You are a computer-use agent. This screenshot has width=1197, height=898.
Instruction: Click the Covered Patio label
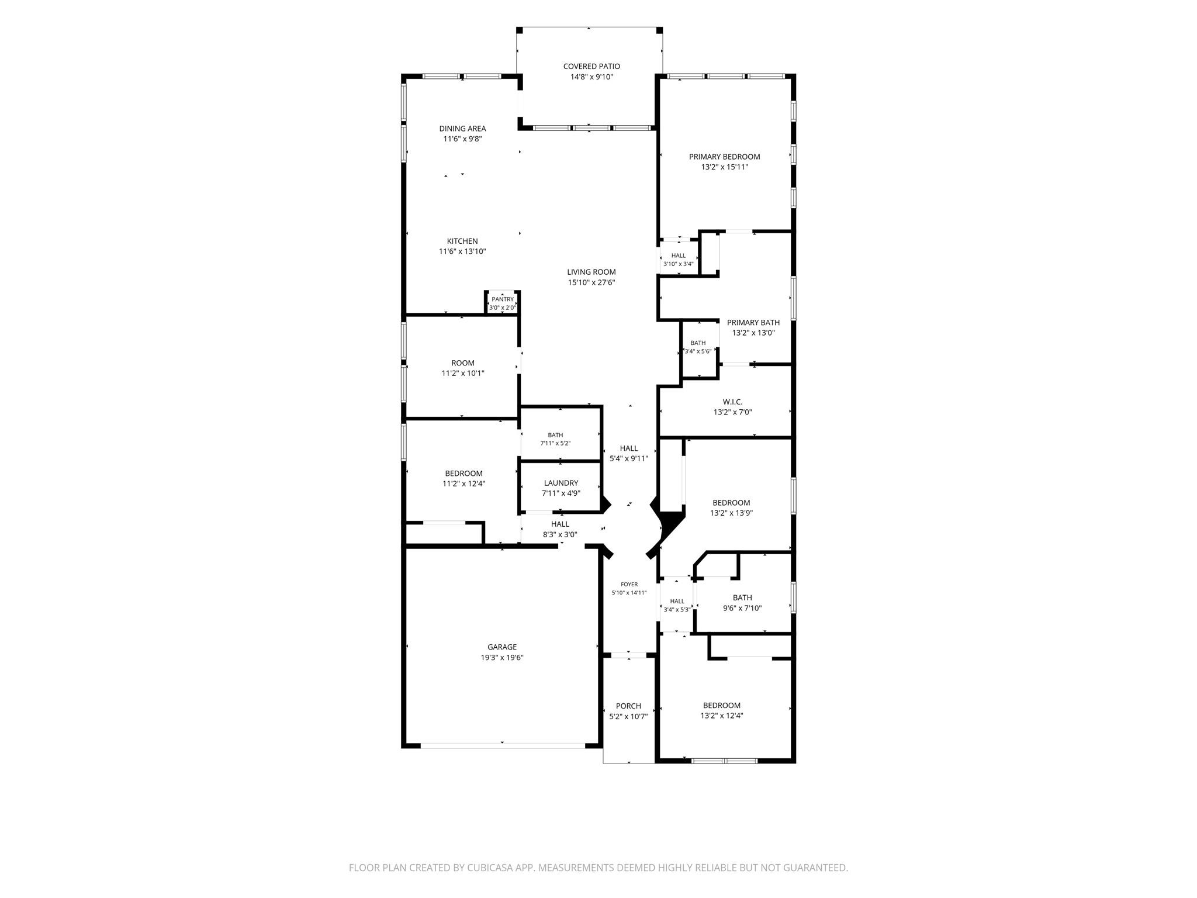(591, 67)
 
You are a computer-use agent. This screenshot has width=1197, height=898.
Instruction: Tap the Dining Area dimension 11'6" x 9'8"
(462, 139)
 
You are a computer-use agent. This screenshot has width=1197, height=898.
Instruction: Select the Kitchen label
(462, 241)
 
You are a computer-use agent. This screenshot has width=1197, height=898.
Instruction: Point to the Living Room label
(591, 272)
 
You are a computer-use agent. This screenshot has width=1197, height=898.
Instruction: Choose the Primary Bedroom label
(725, 157)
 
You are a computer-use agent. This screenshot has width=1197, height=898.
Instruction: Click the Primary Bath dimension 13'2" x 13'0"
(753, 333)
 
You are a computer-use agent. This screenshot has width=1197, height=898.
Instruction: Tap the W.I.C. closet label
(732, 402)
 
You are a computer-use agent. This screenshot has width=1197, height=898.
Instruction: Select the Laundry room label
(561, 483)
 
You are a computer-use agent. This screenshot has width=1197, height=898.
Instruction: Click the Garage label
(502, 647)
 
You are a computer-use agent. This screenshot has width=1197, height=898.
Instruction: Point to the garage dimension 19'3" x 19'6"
(502, 658)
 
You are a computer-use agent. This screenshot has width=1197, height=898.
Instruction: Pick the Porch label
(628, 706)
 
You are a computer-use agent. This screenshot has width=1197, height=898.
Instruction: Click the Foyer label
(629, 584)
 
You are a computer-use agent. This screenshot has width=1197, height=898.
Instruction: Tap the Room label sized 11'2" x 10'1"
(463, 363)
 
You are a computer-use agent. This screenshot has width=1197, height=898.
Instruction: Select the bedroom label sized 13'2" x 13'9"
(731, 503)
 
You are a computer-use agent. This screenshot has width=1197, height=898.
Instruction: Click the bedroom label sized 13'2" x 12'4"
(722, 706)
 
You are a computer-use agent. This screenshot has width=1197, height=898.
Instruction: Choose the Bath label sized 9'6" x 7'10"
(742, 597)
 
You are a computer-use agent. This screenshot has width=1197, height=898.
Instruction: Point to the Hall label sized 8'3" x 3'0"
(560, 524)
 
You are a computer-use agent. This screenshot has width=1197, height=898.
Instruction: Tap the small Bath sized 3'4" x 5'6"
(698, 347)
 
